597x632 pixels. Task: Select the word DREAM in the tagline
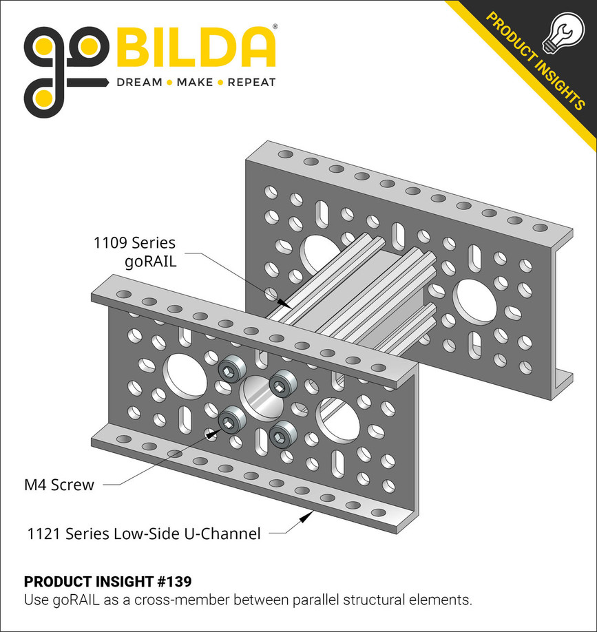[139, 83]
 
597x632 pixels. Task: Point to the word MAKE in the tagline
[195, 83]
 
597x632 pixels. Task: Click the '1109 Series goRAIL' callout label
[134, 251]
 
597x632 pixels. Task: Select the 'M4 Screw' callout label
[59, 485]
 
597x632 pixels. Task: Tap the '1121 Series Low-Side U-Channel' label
[143, 534]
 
